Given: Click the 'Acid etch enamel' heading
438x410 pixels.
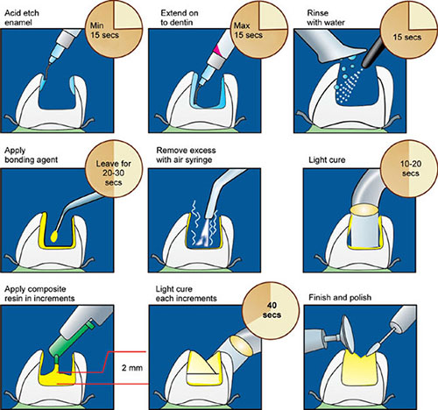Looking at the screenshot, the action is coord(22,18).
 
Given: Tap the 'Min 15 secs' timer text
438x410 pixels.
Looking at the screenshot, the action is coord(104,31).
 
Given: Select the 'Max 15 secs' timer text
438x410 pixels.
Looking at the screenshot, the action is coord(248,31).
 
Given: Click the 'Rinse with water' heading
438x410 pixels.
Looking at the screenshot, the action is coord(326,18).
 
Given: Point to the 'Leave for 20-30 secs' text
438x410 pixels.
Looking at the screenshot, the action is coord(114,173).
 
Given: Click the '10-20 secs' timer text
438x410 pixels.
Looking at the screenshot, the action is coord(411,168).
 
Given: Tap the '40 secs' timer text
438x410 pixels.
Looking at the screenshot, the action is coord(272,310).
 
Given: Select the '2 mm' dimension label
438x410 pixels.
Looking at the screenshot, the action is coord(132,368).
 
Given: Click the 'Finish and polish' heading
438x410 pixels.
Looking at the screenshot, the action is coord(340,298).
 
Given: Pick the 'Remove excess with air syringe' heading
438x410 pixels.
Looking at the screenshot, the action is coord(186,155).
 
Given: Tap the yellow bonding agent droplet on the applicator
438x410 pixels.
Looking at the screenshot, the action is coord(54,237).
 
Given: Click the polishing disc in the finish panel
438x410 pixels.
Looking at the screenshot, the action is coord(349,334).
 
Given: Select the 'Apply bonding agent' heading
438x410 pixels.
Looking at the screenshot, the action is coord(31,155).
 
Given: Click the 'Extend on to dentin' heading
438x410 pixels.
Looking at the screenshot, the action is coord(180,18).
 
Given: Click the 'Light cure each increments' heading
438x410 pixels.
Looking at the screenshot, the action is coord(186,293).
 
